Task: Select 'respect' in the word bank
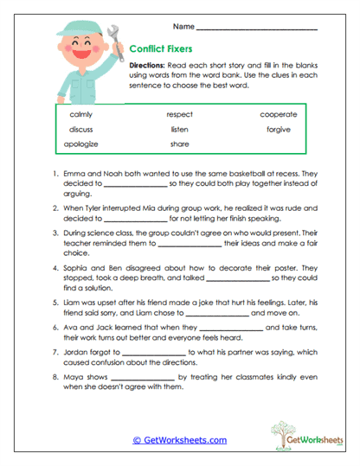pyautogui.click(x=180, y=114)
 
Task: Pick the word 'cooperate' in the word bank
pyautogui.click(x=278, y=114)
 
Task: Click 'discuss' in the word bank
pyautogui.click(x=81, y=129)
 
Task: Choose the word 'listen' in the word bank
pyautogui.click(x=179, y=129)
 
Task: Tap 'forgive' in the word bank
pyautogui.click(x=278, y=129)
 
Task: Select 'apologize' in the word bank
pyautogui.click(x=85, y=144)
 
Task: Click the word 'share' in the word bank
pyautogui.click(x=179, y=144)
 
